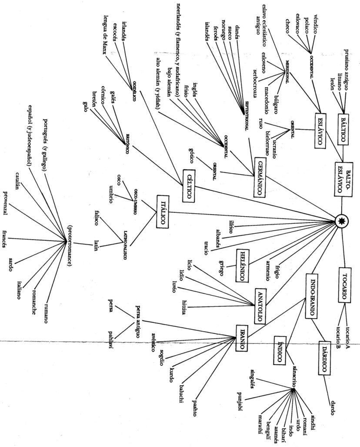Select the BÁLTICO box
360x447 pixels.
pos(343,128)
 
